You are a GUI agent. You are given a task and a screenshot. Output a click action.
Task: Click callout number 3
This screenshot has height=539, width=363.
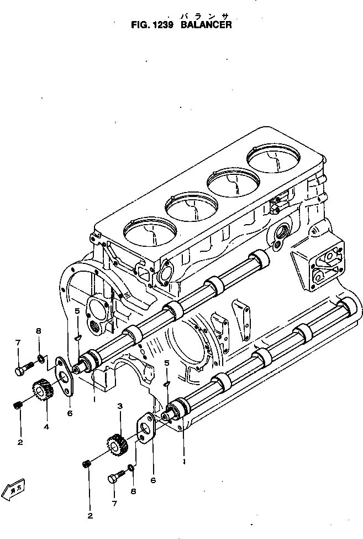click(119, 407)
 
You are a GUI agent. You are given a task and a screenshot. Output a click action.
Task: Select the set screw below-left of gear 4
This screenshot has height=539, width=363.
click(17, 406)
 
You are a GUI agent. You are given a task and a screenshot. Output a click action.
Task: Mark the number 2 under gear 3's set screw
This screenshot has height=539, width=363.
click(90, 516)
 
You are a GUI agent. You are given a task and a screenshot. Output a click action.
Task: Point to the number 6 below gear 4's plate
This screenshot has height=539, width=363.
click(70, 413)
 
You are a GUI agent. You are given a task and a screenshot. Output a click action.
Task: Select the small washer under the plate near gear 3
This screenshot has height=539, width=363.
click(131, 468)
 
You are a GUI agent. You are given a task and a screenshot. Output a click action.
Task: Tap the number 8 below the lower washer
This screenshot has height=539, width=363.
click(132, 491)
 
